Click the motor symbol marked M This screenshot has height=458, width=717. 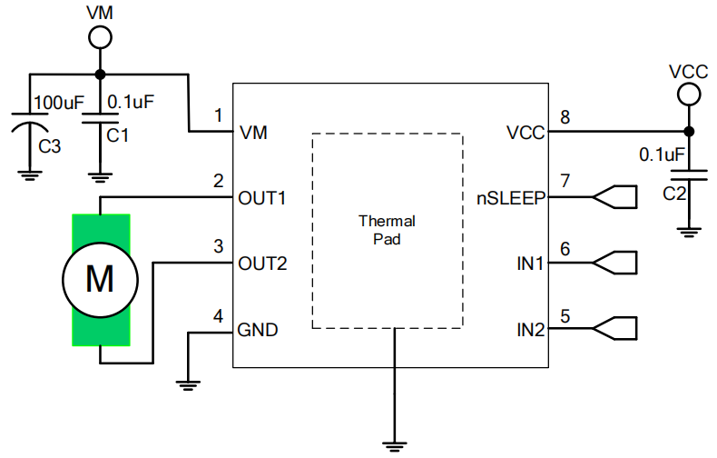[x=100, y=279]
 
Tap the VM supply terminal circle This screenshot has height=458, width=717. [x=99, y=37]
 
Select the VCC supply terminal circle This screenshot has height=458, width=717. [x=687, y=94]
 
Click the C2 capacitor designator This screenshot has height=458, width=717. [x=673, y=194]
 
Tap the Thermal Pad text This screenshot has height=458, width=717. [x=387, y=231]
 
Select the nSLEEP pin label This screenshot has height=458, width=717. [x=511, y=197]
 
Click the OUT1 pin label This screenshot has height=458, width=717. [x=262, y=197]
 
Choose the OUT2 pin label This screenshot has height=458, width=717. [x=262, y=264]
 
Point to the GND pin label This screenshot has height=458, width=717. [x=258, y=331]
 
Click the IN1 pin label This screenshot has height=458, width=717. [x=530, y=264]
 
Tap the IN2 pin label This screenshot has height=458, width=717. [x=530, y=331]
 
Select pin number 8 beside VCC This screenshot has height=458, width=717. [x=565, y=117]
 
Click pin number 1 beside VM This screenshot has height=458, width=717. [x=218, y=115]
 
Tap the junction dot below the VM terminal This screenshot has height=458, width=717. [x=99, y=75]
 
